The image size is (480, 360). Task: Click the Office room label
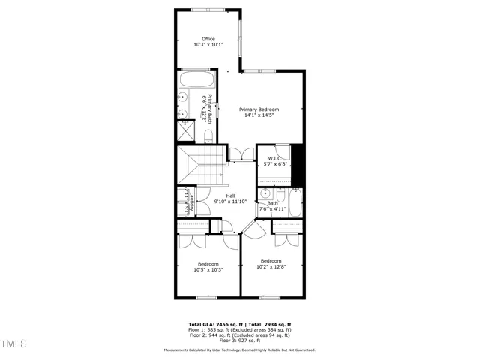(x=208, y=39)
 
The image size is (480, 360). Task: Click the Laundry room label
(x=193, y=202)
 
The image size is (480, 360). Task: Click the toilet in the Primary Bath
(x=208, y=135)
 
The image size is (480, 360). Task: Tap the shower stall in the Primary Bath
(x=184, y=130)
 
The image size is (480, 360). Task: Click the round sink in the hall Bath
(x=264, y=194)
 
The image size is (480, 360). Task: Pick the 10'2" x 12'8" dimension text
(x=271, y=267)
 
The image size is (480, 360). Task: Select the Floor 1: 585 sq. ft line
(x=240, y=330)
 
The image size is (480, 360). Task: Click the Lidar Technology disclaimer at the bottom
(x=240, y=350)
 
